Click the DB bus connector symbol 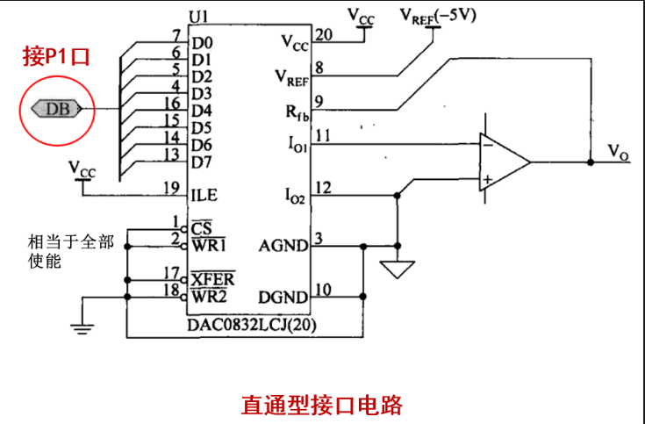coord(57,109)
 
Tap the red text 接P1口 coord(56,56)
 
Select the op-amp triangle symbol coord(505,162)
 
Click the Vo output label coord(619,152)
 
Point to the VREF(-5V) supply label coord(438,16)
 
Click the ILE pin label coord(204,195)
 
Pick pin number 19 coord(171,188)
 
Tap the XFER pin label coord(212,279)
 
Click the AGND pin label coord(283,246)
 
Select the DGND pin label coord(283,298)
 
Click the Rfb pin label coord(297,111)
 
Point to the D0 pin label coord(202,43)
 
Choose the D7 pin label coord(202,162)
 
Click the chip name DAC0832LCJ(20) coord(252,325)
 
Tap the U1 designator coord(198,17)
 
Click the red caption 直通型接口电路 coord(322,405)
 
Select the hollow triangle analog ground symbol coord(397,269)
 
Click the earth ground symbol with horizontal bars coord(82,328)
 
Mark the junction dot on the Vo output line coord(591,162)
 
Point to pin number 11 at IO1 coord(323,135)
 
